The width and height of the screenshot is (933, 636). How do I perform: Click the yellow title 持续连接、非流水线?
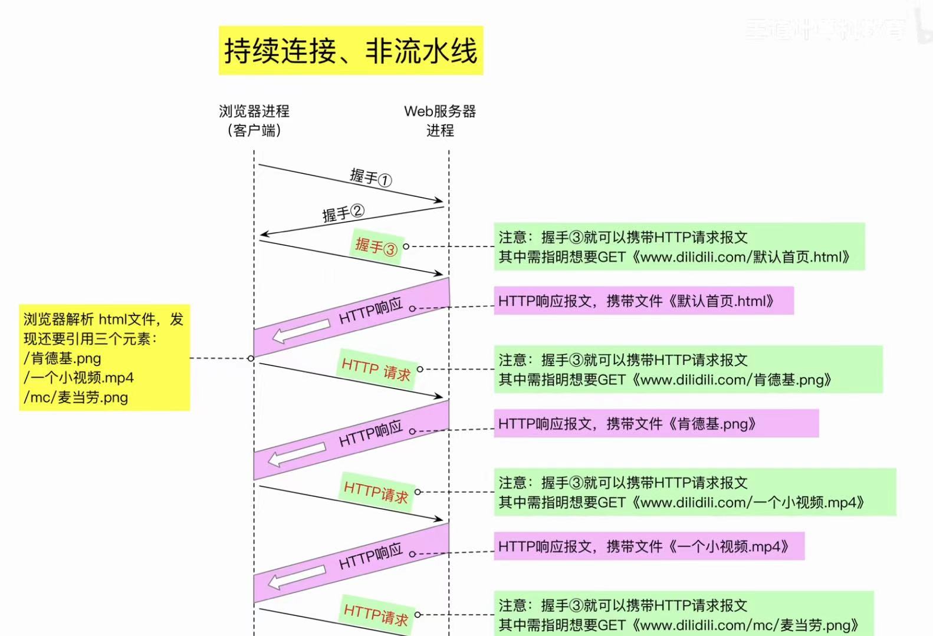tap(350, 51)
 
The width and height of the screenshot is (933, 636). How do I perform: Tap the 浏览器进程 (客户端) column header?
tap(254, 120)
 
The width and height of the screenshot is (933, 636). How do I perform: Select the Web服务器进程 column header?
tap(440, 120)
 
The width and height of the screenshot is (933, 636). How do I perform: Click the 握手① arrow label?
tap(370, 177)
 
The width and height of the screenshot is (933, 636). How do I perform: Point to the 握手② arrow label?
tap(343, 213)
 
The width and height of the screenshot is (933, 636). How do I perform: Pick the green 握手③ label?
tap(376, 246)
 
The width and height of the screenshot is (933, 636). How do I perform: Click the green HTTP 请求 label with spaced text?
tap(376, 369)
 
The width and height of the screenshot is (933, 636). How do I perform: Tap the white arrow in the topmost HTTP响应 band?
tap(301, 331)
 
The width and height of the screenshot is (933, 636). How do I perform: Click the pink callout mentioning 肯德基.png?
tap(656, 424)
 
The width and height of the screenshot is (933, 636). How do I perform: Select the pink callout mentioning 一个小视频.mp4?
tap(649, 546)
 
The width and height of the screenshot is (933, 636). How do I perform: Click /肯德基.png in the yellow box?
tap(63, 358)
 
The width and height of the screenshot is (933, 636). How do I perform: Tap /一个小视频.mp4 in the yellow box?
tap(79, 378)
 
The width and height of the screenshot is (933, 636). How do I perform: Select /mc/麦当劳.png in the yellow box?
tap(76, 397)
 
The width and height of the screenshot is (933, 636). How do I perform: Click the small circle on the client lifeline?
tap(251, 358)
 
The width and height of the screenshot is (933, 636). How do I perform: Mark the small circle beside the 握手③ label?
tap(406, 246)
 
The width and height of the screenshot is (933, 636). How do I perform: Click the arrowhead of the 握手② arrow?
tap(264, 235)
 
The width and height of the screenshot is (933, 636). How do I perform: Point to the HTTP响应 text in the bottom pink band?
tap(370, 556)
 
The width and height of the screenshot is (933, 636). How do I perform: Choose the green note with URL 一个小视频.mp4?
tap(694, 492)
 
